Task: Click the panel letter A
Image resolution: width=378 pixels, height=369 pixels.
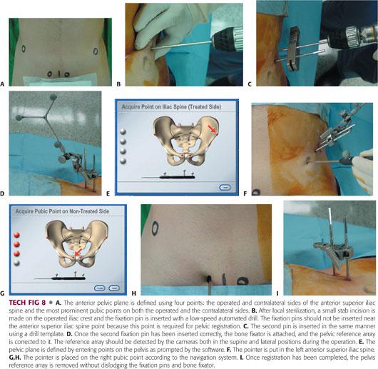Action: [x=2, y=84]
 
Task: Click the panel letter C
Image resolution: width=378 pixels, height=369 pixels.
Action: [x=250, y=84]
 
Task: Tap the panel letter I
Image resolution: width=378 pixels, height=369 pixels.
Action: [x=277, y=293]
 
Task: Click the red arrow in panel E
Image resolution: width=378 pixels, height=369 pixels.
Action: [x=212, y=129]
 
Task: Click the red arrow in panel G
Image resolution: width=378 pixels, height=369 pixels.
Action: [x=78, y=252]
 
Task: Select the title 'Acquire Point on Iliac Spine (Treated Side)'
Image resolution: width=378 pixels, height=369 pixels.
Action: [x=171, y=107]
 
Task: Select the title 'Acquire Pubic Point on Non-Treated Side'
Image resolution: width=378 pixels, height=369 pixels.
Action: [x=63, y=211]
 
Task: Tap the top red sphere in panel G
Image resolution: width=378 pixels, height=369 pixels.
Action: [x=17, y=235]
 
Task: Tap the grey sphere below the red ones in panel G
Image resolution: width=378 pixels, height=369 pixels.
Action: [x=17, y=263]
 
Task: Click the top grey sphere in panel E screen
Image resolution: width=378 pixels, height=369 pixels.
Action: [x=123, y=131]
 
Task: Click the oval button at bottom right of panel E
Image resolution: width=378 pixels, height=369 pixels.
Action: [x=225, y=188]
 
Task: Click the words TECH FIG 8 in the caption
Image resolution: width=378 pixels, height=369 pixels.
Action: [x=27, y=303]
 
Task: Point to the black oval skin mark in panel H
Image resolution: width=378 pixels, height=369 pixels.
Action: [x=155, y=228]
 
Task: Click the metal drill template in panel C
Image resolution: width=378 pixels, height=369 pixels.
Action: [x=294, y=49]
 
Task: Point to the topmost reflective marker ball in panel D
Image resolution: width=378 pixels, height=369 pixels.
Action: [x=53, y=97]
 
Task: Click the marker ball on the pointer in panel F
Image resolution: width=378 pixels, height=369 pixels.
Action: [x=346, y=153]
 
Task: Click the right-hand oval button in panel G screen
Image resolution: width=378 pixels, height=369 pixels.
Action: [x=114, y=288]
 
